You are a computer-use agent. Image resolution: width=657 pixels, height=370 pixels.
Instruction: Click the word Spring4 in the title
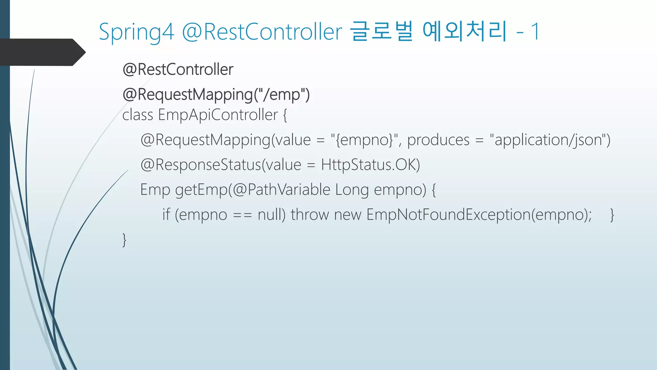(x=136, y=32)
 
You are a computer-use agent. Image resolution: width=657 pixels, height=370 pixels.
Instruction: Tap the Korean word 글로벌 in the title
(x=381, y=31)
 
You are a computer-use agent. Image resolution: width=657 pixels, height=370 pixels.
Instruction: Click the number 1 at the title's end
(x=535, y=31)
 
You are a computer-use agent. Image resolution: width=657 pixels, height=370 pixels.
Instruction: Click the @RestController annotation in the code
(x=178, y=69)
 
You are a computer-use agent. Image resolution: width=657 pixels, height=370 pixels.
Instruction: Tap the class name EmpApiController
(x=218, y=115)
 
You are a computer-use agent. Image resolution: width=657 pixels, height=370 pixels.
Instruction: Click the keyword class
(x=138, y=115)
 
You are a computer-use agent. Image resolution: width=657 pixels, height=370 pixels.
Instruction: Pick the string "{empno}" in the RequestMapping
(x=365, y=140)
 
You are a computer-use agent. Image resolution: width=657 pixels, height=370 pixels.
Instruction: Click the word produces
(x=438, y=140)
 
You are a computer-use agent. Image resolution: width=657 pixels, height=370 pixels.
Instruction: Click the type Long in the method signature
(x=352, y=189)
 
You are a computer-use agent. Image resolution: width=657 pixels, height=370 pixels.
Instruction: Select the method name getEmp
(x=201, y=189)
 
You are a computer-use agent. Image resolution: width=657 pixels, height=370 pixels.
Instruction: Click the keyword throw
(x=310, y=215)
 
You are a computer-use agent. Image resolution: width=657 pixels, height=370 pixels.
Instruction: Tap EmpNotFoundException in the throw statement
(x=448, y=215)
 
